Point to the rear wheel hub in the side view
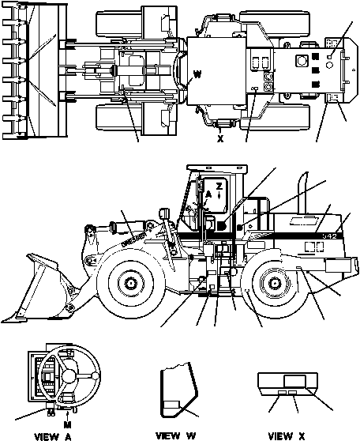click(271, 282)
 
